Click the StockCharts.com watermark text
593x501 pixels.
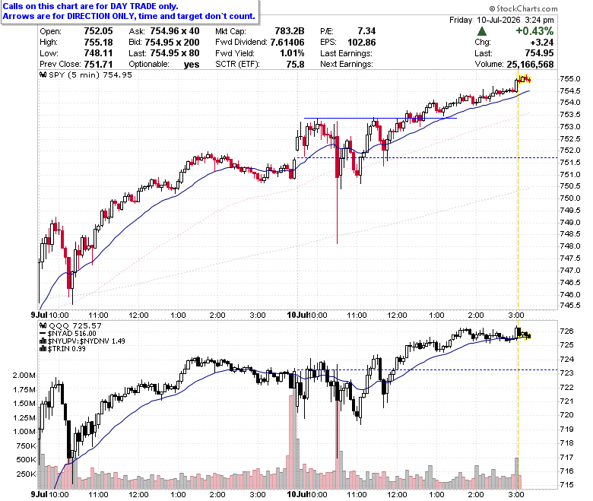[x=523, y=8]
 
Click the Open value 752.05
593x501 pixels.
[x=98, y=31]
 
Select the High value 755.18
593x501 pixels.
[x=98, y=42]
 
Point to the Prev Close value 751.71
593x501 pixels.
[x=98, y=65]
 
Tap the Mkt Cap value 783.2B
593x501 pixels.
[x=290, y=31]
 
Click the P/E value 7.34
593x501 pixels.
[x=366, y=31]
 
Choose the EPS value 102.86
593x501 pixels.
[x=362, y=42]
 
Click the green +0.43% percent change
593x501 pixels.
[x=534, y=31]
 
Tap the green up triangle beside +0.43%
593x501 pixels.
[x=482, y=31]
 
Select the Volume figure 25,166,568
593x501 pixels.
[x=530, y=65]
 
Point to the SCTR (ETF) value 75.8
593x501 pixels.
[x=296, y=65]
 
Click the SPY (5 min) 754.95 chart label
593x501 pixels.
[x=86, y=75]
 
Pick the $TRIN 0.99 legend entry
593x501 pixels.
[x=63, y=349]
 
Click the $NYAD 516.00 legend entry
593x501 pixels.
[x=68, y=334]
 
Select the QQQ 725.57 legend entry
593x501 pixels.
[x=71, y=325]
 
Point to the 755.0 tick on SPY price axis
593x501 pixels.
[x=570, y=78]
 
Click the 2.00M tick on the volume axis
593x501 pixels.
[x=24, y=375]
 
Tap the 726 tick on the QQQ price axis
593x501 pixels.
[x=566, y=331]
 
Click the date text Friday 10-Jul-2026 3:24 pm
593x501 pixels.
[x=502, y=20]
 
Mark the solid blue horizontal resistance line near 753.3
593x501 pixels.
[x=380, y=119]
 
